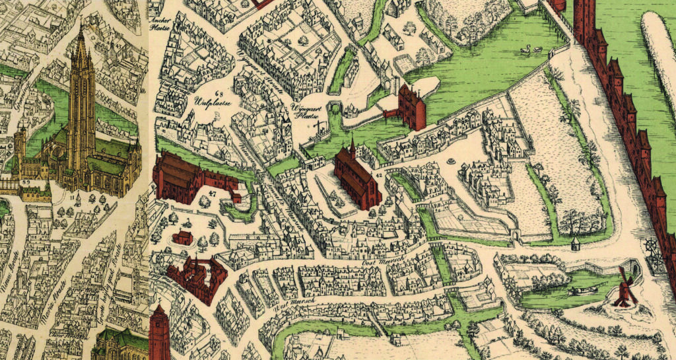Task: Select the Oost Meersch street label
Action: pyautogui.click(x=377, y=263)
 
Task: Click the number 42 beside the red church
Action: pyautogui.click(x=379, y=174)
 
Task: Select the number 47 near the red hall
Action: pyautogui.click(x=212, y=193)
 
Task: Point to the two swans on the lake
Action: pyautogui.click(x=531, y=48)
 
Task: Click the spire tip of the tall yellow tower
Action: pyautogui.click(x=81, y=28)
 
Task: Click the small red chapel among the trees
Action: pyautogui.click(x=183, y=236)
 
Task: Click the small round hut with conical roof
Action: pyautogui.click(x=575, y=244)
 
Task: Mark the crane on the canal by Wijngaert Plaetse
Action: pyautogui.click(x=320, y=126)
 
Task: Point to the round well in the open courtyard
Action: pyautogui.click(x=451, y=161)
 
